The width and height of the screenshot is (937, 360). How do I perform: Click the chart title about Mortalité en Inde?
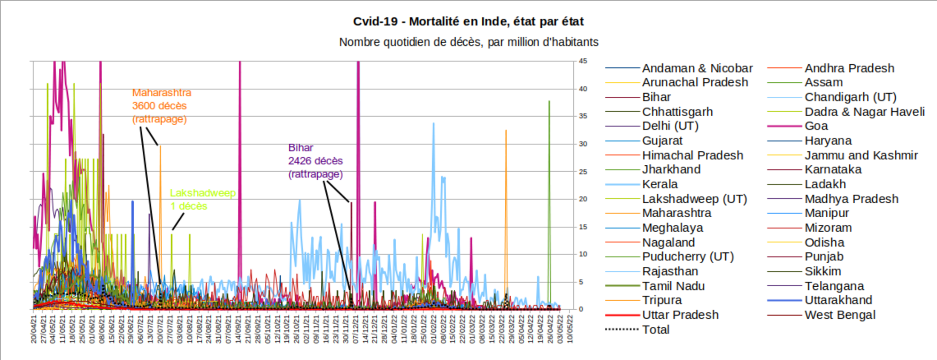468,21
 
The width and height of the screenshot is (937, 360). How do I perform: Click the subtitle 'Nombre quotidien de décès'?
468,42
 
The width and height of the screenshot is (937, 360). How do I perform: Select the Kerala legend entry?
660,184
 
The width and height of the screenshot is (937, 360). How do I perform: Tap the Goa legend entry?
816,126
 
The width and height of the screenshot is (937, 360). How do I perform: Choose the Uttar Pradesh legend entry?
680,315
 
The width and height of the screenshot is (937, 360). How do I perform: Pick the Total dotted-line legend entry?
656,329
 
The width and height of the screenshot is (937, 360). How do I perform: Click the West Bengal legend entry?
840,315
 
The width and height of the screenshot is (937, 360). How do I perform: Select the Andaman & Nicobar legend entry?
697,68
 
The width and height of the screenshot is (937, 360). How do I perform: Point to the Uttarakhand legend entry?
838,300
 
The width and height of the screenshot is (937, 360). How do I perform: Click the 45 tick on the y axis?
583,61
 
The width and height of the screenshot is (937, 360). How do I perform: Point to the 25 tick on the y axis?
583,172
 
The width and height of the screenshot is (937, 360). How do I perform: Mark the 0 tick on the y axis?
581,309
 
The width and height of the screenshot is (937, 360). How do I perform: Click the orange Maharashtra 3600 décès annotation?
161,106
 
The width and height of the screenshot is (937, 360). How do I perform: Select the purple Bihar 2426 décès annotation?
315,161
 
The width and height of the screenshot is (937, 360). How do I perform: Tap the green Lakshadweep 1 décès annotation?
202,199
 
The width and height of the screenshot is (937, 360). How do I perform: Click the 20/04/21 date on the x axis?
34,329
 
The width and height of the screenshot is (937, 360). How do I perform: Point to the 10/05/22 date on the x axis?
570,329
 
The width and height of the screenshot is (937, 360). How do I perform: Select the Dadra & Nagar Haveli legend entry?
864,112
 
